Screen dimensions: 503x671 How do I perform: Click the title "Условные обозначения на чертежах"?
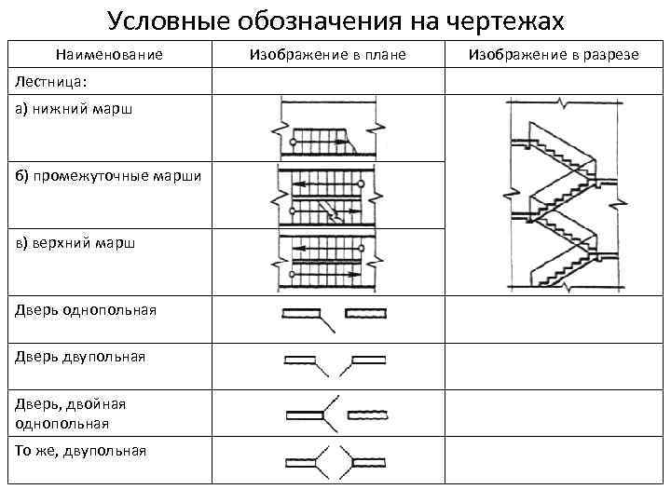[x=335, y=20]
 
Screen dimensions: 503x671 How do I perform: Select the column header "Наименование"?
[x=108, y=56]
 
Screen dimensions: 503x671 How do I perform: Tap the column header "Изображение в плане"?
[x=328, y=56]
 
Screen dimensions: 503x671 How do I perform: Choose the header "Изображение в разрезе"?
[x=554, y=56]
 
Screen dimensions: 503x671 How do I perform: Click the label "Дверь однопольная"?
[x=85, y=309]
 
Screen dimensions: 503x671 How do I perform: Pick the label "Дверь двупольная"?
[x=80, y=357]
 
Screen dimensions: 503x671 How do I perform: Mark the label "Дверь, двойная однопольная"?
[x=70, y=413]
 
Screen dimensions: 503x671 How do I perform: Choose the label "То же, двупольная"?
[x=80, y=451]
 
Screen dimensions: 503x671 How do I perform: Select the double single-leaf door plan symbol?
[x=335, y=411]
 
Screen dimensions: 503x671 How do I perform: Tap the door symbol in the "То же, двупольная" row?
[x=335, y=461]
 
